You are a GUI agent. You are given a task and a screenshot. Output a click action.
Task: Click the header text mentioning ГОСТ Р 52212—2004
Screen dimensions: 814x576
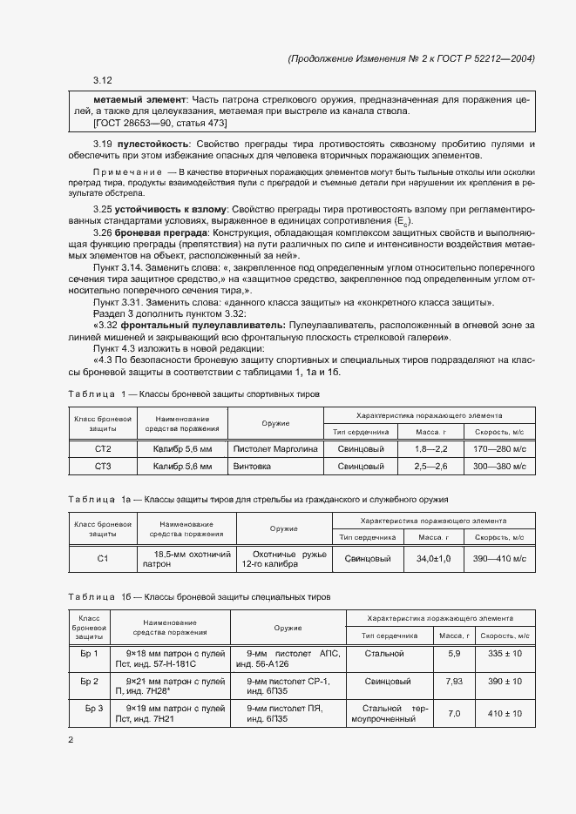[409, 58]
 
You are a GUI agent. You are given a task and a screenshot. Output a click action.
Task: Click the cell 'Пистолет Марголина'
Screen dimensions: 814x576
[276, 448]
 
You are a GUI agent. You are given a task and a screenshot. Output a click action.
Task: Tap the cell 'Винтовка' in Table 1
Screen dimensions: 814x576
[254, 467]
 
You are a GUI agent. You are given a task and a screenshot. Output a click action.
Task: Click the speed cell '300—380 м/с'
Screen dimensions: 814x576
[494, 467]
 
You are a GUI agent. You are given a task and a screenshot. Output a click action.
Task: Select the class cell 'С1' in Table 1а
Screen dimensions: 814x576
[102, 559]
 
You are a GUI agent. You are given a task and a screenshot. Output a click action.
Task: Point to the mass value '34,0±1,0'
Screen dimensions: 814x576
[434, 559]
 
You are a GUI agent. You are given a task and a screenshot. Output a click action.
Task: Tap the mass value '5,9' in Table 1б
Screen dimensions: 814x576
[454, 652]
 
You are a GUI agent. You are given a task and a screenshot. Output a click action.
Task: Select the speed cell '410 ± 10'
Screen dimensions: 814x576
[505, 713]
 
